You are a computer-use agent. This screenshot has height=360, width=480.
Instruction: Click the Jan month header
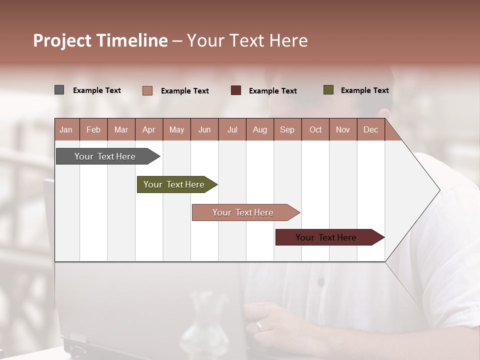(66, 129)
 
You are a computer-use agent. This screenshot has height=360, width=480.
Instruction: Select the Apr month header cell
(149, 129)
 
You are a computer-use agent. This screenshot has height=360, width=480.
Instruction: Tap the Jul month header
(232, 129)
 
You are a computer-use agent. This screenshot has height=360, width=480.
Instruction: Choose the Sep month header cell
(287, 129)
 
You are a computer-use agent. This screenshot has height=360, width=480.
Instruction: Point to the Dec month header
(370, 129)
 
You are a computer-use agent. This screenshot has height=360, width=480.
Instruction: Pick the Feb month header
(93, 129)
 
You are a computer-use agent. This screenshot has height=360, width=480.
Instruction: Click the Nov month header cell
(343, 129)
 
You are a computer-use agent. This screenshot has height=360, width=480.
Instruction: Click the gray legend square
(59, 90)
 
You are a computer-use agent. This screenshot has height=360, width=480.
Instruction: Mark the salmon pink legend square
(147, 90)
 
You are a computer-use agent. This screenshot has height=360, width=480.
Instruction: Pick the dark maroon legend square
(236, 90)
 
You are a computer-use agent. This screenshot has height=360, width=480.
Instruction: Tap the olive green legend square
(328, 90)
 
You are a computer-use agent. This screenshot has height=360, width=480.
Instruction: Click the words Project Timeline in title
(100, 40)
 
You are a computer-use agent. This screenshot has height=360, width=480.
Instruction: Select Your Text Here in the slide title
(247, 40)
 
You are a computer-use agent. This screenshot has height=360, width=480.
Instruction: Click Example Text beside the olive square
(364, 90)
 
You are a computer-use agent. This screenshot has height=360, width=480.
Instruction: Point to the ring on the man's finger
(258, 325)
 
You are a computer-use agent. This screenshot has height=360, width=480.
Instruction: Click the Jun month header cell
(204, 129)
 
